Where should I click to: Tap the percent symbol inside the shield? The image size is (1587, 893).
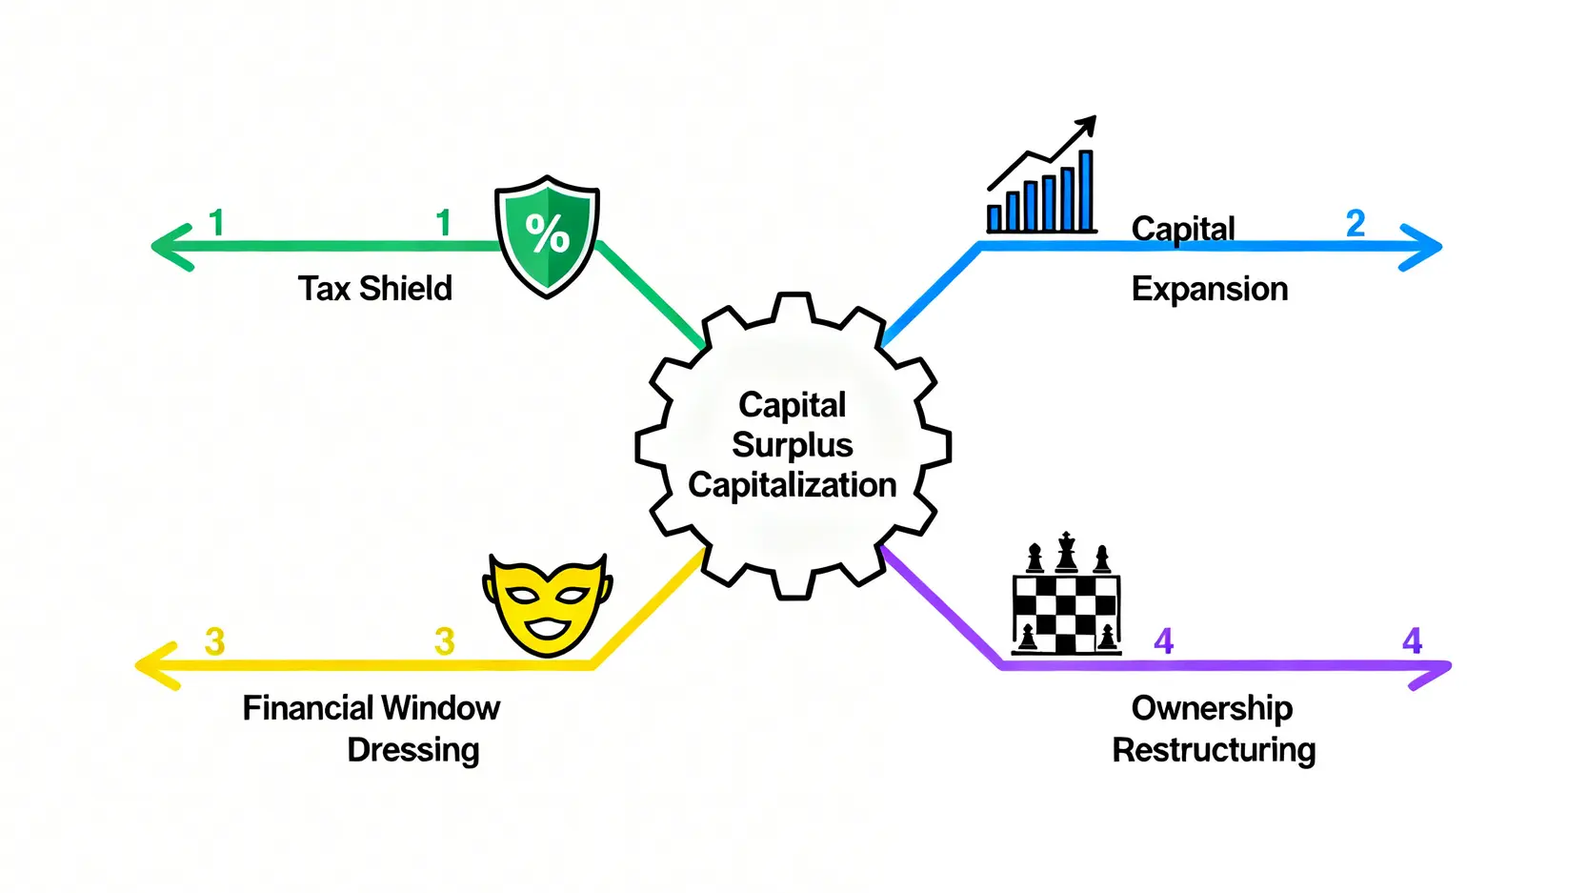548,233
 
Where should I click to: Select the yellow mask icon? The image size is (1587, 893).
547,604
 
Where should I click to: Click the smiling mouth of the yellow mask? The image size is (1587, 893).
547,628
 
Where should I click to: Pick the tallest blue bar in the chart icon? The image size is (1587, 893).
1085,191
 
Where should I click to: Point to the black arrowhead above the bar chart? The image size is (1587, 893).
1087,125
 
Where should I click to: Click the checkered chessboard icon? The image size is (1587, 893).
1066,614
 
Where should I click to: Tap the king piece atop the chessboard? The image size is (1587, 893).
1067,552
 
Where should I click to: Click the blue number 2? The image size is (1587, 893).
1356,224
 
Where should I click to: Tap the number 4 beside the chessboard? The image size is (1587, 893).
1163,641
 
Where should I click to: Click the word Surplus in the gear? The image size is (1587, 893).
792,445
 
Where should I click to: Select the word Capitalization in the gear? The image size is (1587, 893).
792,485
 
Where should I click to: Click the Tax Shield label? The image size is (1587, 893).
374,289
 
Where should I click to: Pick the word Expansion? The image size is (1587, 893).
1209,289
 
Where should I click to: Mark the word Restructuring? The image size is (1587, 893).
1214,750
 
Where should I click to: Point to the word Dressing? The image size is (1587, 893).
412,750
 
